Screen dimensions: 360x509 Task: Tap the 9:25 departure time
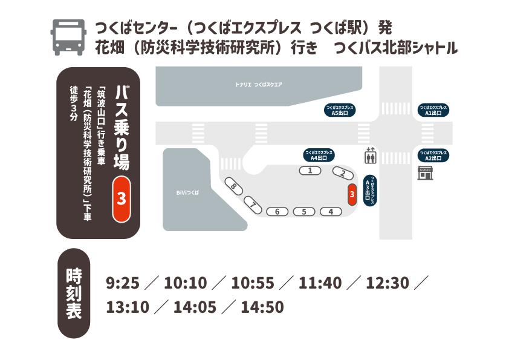[x=123, y=283]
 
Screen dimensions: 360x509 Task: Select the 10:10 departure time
[x=185, y=283]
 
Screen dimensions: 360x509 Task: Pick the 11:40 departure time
[x=320, y=283]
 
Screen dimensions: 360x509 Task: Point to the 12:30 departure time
[x=387, y=283]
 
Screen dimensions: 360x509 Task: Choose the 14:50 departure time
[x=262, y=307]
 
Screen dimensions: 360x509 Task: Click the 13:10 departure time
[x=127, y=307]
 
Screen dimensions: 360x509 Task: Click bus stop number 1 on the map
[x=311, y=171]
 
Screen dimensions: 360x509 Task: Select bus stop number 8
[x=234, y=186]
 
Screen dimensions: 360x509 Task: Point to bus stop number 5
[x=304, y=212]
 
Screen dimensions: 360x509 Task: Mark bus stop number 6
[x=277, y=212]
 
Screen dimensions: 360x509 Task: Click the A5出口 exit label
[x=339, y=110]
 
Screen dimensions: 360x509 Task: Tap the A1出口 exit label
[x=433, y=110]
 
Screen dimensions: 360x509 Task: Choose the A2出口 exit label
[x=433, y=155]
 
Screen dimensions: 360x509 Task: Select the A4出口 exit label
[x=319, y=155]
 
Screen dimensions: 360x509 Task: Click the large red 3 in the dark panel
[x=122, y=198]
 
